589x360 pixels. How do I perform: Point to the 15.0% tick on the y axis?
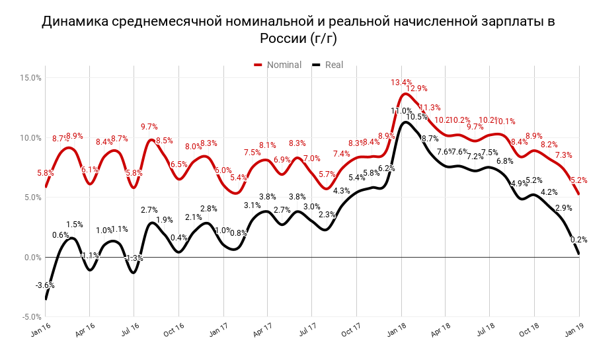click(30, 78)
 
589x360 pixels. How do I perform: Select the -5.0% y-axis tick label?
click(30, 317)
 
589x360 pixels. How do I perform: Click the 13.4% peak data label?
click(401, 83)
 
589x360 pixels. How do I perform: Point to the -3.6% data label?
click(44, 285)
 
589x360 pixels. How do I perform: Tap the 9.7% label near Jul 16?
click(149, 127)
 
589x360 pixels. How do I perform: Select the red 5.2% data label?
click(579, 180)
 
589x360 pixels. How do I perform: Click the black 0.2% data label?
click(579, 240)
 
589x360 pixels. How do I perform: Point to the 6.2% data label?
click(387, 168)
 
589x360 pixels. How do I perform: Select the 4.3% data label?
click(342, 191)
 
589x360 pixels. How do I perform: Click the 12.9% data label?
click(417, 89)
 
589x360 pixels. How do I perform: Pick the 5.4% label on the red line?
click(239, 178)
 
